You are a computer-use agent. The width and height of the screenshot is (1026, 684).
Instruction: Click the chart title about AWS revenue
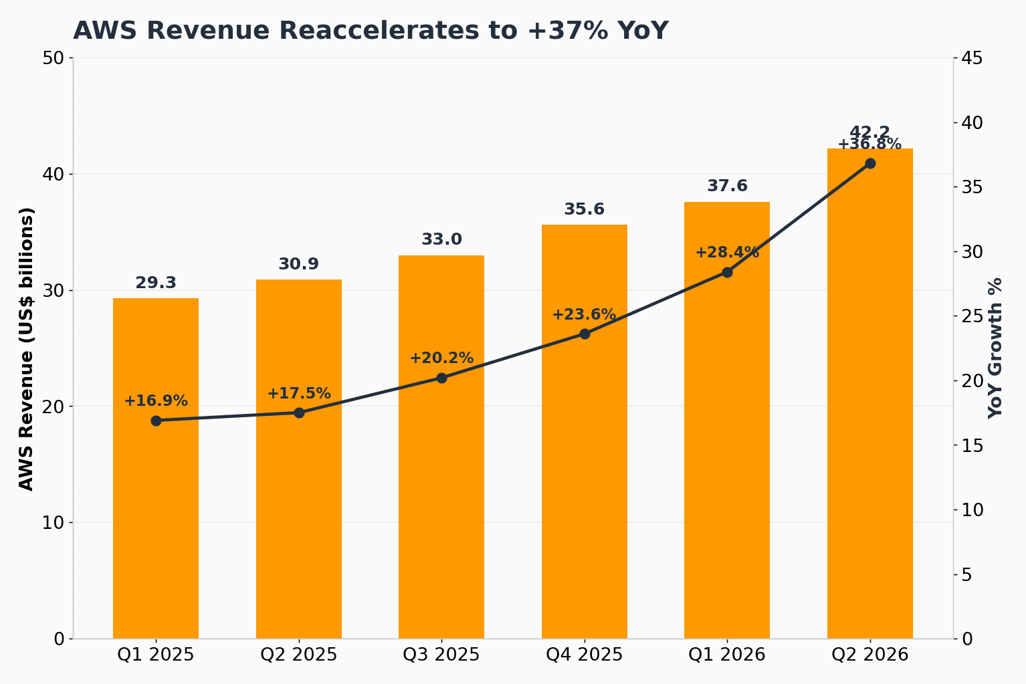(x=371, y=31)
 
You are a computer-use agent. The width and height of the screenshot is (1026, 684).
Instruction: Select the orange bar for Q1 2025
(x=156, y=468)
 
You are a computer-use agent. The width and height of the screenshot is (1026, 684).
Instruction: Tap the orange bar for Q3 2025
(x=441, y=447)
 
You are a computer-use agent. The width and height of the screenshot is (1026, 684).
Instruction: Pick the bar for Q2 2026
(x=869, y=393)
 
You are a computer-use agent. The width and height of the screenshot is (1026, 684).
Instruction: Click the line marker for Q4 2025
(x=585, y=334)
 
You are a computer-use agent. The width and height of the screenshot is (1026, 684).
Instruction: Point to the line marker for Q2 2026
(x=870, y=163)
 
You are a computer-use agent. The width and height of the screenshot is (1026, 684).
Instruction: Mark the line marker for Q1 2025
(x=156, y=421)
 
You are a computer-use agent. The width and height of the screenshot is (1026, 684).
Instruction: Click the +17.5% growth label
(x=299, y=393)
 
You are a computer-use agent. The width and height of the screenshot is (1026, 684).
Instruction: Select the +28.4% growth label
(x=727, y=252)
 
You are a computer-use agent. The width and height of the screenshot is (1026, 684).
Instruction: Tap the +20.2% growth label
(x=441, y=358)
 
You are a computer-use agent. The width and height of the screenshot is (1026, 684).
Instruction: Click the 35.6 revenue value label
(x=584, y=209)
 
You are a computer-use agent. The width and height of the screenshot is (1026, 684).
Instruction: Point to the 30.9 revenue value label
(x=299, y=263)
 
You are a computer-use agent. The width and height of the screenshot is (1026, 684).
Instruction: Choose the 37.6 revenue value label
(x=727, y=186)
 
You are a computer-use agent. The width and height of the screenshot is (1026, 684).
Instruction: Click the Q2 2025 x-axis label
(x=299, y=655)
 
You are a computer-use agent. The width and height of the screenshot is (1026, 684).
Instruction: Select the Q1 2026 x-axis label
(x=727, y=655)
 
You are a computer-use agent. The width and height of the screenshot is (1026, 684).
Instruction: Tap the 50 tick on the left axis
(x=53, y=58)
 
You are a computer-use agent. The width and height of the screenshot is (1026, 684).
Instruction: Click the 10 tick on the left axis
(x=53, y=522)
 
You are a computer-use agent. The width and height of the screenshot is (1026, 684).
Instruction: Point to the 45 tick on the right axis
(x=972, y=58)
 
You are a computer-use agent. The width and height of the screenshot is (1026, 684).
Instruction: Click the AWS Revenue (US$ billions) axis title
(x=27, y=349)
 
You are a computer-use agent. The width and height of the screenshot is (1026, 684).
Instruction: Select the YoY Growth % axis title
(x=995, y=348)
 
